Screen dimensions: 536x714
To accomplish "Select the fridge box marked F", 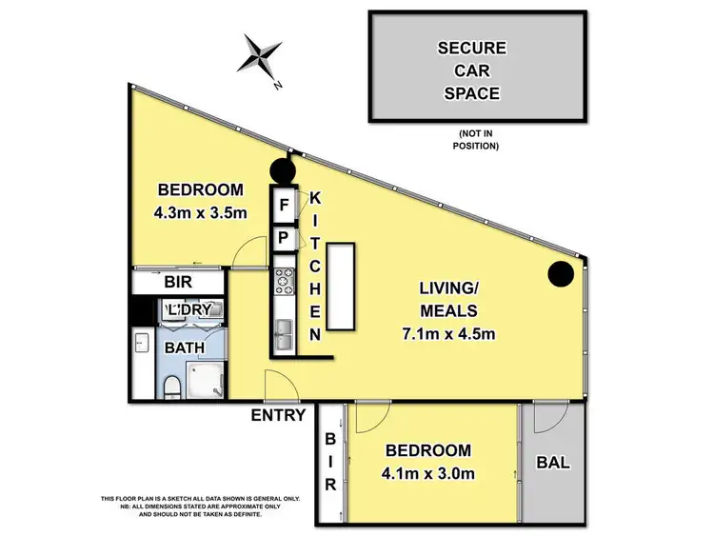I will [284, 204].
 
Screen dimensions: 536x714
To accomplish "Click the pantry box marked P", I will [284, 237].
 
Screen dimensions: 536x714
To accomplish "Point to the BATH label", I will [185, 347].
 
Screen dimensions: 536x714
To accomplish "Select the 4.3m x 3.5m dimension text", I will [201, 212].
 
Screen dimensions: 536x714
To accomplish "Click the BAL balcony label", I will [554, 464].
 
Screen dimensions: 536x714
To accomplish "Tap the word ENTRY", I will [278, 415].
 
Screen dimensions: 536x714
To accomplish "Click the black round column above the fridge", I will [283, 172].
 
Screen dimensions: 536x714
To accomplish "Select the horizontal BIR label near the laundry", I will [178, 282].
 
